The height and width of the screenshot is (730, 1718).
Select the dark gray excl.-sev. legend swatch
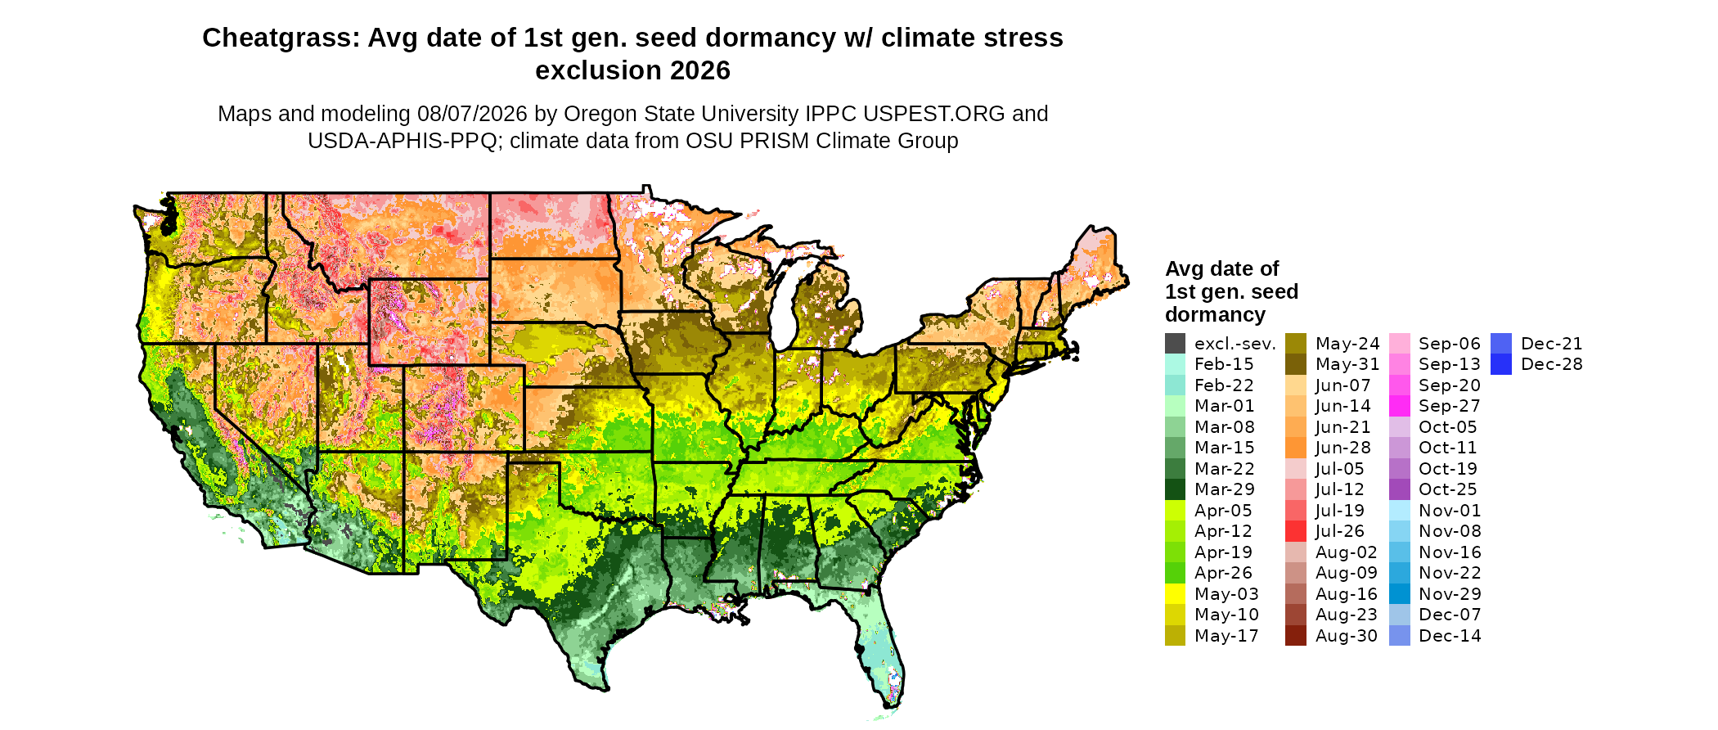1175,344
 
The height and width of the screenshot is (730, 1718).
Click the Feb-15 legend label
1224,364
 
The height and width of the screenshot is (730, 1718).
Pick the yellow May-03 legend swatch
1175,594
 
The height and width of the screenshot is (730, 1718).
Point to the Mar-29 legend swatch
1175,489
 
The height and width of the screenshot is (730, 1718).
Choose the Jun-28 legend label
1342,448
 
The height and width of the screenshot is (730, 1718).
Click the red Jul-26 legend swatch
1296,531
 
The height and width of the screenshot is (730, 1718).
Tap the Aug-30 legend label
1347,636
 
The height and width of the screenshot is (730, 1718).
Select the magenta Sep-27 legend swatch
1400,406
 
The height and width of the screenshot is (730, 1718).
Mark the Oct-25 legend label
1448,489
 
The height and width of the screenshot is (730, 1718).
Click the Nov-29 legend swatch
1400,594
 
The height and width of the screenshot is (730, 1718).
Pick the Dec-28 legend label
1552,364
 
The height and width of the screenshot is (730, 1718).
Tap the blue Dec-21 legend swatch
1501,344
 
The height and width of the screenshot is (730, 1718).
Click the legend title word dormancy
1216,315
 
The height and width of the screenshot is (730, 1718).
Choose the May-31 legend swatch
1296,364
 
